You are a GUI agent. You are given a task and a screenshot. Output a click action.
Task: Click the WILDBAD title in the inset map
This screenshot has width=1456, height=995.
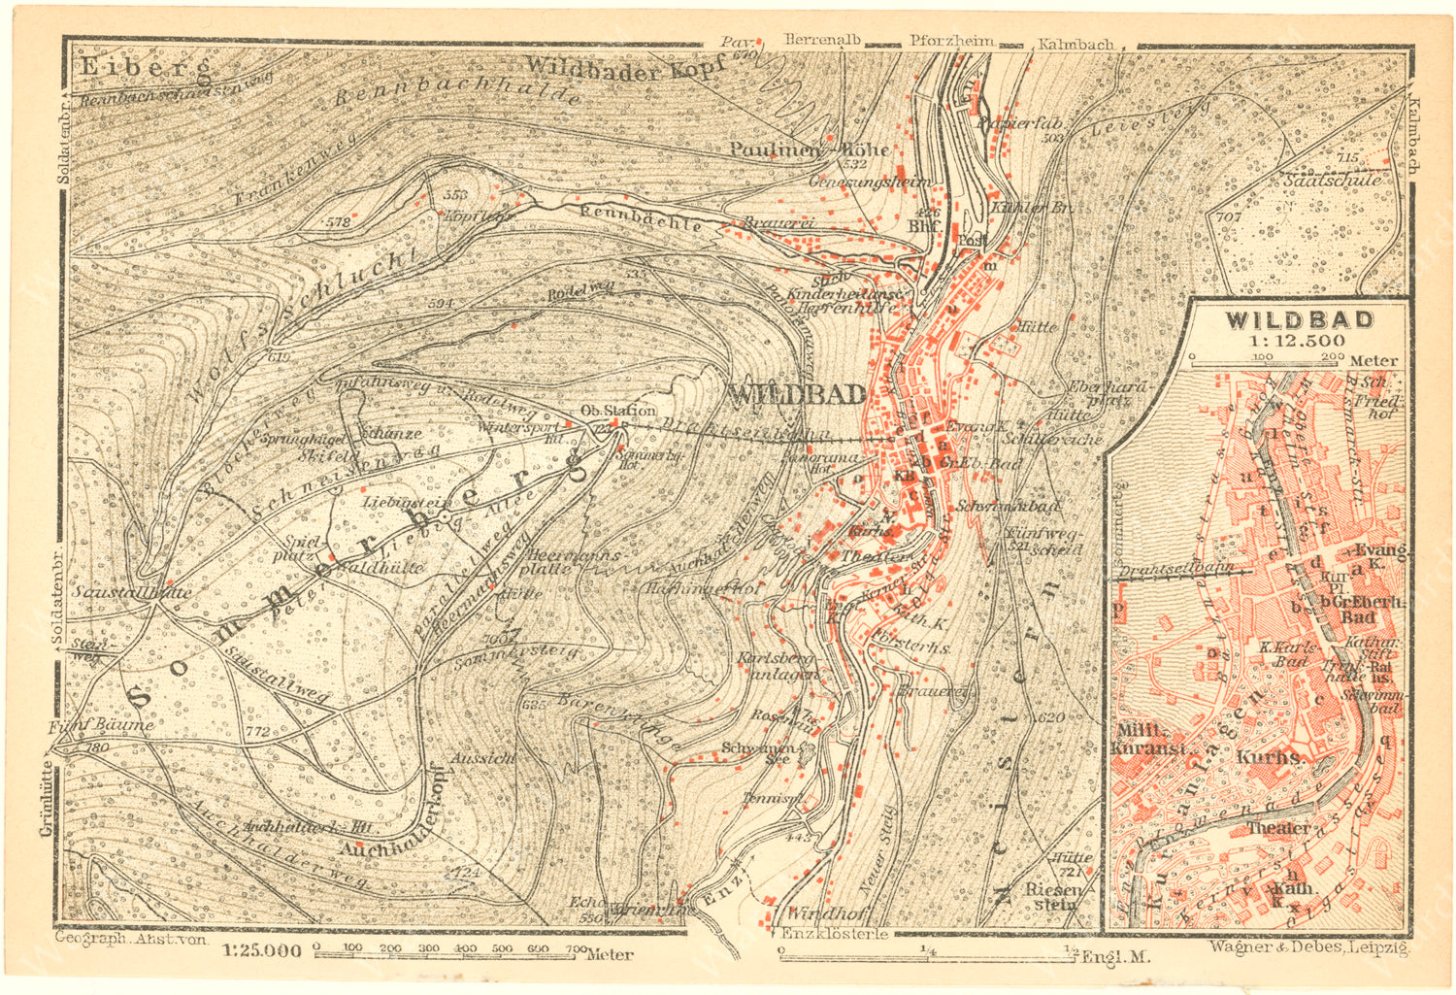[x=1299, y=319]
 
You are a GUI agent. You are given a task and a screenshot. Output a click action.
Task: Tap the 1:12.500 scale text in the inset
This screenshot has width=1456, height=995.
[x=1299, y=341]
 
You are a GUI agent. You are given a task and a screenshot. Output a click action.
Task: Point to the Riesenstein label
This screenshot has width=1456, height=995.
[x=1052, y=897]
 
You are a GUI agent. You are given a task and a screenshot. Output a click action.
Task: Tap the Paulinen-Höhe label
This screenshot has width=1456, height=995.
[x=810, y=149]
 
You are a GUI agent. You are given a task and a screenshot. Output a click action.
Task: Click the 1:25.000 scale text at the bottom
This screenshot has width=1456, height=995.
[x=261, y=951]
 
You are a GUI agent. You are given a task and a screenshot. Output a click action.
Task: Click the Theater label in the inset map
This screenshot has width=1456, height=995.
[x=1278, y=828]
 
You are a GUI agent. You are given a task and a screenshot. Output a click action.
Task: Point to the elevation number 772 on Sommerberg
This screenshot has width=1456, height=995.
[x=257, y=731]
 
